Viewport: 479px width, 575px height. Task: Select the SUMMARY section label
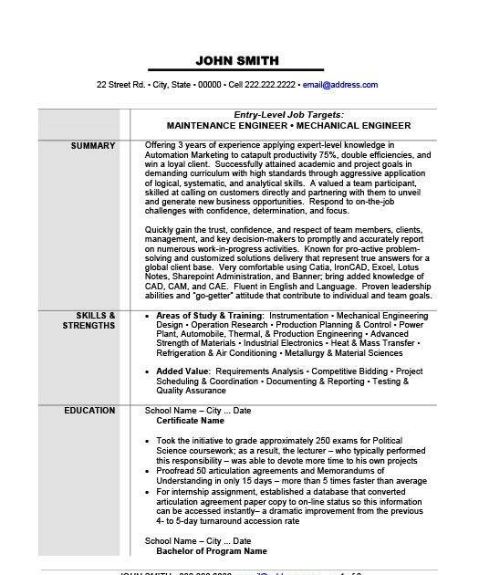tap(94, 146)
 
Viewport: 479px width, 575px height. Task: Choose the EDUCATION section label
tap(89, 411)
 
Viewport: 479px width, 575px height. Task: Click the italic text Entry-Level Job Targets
tap(275, 115)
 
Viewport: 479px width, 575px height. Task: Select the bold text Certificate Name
tap(190, 421)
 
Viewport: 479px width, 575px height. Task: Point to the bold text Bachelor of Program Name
tap(212, 551)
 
